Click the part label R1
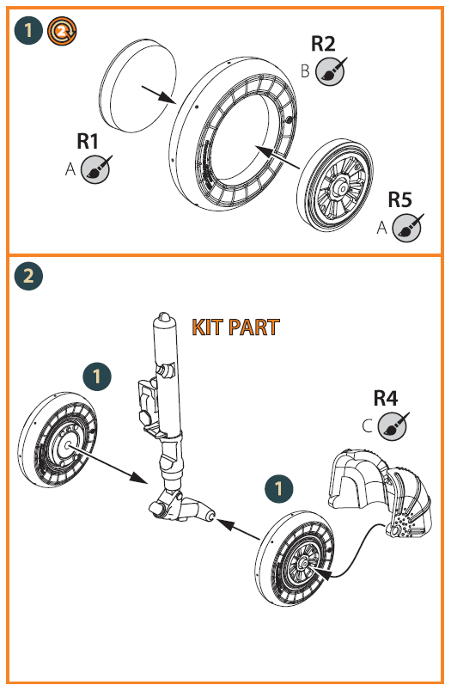pyautogui.click(x=88, y=142)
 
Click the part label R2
pyautogui.click(x=323, y=44)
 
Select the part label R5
pyautogui.click(x=399, y=199)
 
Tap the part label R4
pyautogui.click(x=386, y=398)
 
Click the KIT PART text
pyautogui.click(x=235, y=327)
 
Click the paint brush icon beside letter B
pyautogui.click(x=331, y=71)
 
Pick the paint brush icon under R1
pyautogui.click(x=96, y=168)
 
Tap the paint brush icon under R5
pyautogui.click(x=408, y=228)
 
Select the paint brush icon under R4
pyautogui.click(x=393, y=426)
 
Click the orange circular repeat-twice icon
pyautogui.click(x=62, y=31)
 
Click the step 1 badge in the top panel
pyautogui.click(x=28, y=31)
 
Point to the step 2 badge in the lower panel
pyautogui.click(x=28, y=276)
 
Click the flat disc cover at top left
pyautogui.click(x=137, y=85)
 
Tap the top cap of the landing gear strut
pyautogui.click(x=164, y=318)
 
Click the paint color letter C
pyautogui.click(x=368, y=426)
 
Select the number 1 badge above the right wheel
pyautogui.click(x=279, y=488)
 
